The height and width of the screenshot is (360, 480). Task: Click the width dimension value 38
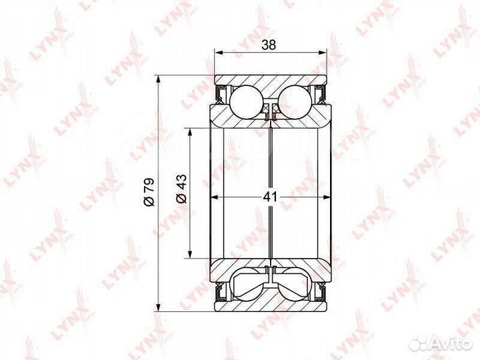(269, 45)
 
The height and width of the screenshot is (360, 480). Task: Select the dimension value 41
(270, 197)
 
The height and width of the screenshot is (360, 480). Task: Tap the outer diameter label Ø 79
(149, 191)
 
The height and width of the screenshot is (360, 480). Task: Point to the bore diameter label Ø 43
(181, 189)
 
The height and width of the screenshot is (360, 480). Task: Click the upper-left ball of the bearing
(247, 101)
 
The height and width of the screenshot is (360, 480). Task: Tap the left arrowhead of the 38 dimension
(218, 53)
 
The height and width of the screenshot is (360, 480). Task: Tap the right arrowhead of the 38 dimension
(323, 53)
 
